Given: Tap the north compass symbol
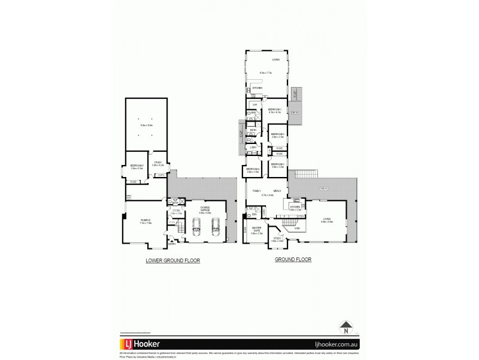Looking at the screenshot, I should click(x=346, y=328).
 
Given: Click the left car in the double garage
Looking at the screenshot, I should click(x=196, y=227).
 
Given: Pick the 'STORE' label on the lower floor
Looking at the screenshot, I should click(x=175, y=211).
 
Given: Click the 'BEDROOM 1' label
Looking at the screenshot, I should click(x=275, y=109).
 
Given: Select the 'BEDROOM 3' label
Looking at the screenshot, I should click(x=277, y=164).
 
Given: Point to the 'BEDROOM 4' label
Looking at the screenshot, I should click(x=252, y=169).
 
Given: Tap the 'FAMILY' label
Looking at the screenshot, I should click(x=256, y=191).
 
